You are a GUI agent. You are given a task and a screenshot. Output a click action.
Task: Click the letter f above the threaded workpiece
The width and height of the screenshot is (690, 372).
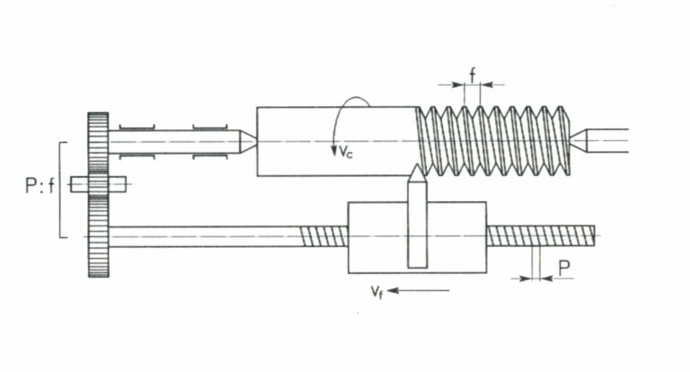(473, 75)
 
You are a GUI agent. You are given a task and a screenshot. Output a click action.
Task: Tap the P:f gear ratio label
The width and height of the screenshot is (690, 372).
(40, 185)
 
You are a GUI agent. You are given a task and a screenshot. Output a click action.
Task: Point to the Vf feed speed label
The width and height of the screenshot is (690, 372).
(376, 291)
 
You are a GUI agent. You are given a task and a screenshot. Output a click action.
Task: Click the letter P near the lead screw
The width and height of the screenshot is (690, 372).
(564, 268)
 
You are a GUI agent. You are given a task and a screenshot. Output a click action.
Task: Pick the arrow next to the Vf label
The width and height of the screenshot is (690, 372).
(419, 290)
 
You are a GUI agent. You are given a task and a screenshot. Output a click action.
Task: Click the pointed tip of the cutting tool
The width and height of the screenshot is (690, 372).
(417, 165)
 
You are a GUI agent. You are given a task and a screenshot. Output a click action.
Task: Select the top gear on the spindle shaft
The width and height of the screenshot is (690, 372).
(98, 143)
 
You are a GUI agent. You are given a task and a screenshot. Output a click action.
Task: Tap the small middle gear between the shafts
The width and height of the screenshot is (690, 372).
(98, 184)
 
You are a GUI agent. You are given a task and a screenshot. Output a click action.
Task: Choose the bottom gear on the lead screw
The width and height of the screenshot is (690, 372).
(98, 236)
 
